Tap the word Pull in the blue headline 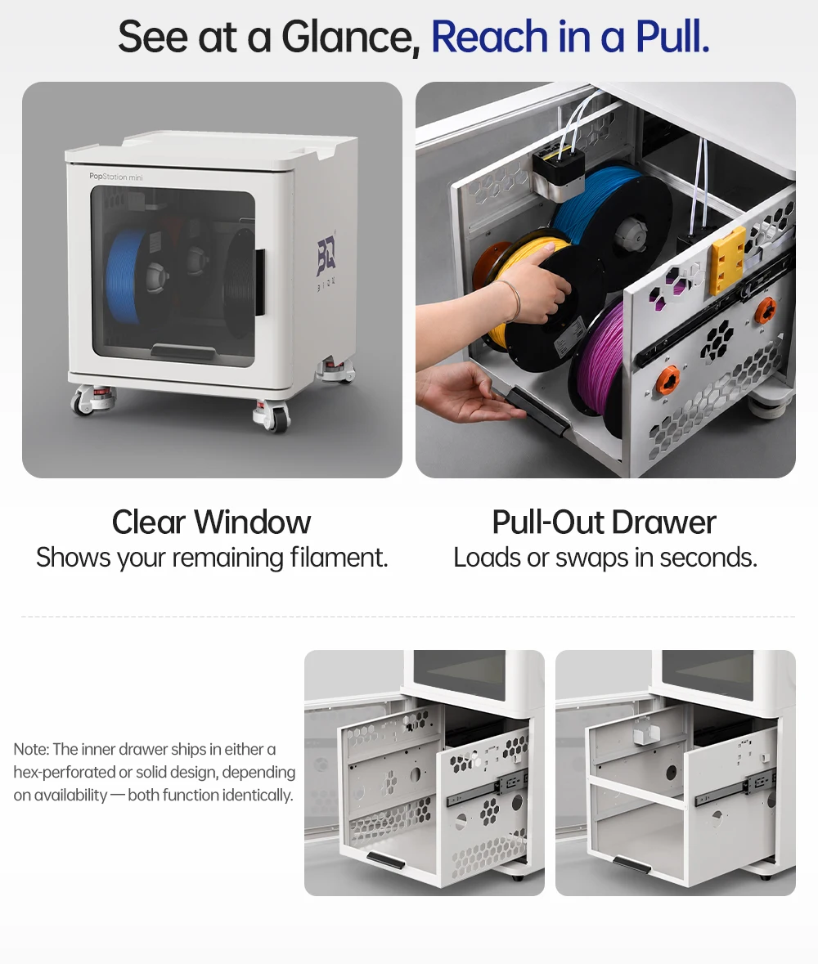pyautogui.click(x=672, y=37)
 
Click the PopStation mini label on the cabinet pyautogui.click(x=115, y=177)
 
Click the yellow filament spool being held pyautogui.click(x=523, y=289)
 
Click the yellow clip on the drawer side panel pyautogui.click(x=728, y=260)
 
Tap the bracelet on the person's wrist pyautogui.click(x=512, y=299)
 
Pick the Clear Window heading pyautogui.click(x=211, y=522)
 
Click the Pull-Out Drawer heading pyautogui.click(x=604, y=522)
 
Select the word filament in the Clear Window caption pyautogui.click(x=339, y=558)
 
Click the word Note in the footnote pyautogui.click(x=31, y=750)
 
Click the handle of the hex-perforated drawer pyautogui.click(x=385, y=860)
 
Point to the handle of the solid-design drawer pyautogui.click(x=632, y=863)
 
